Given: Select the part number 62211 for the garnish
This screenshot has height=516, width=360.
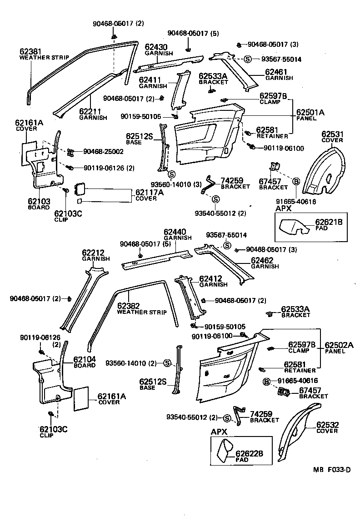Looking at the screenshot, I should [90, 111].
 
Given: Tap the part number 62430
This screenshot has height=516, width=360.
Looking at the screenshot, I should [156, 47].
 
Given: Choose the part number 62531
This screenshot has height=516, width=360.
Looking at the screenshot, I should [332, 134].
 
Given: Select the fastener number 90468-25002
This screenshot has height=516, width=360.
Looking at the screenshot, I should [103, 151].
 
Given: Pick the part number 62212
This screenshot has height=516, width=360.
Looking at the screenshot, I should [93, 253].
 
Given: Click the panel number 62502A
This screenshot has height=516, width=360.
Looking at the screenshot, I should [338, 345].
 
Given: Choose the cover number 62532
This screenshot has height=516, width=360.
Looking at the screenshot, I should [327, 425].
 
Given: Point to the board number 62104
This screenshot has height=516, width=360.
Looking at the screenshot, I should [85, 358].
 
